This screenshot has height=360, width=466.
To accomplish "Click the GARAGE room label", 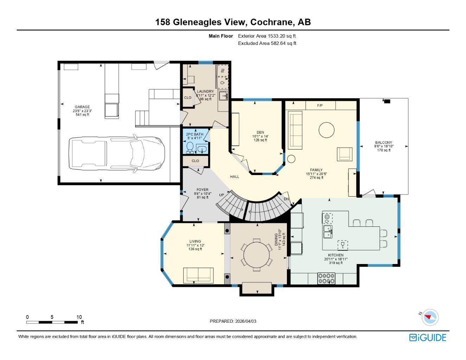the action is [82, 107].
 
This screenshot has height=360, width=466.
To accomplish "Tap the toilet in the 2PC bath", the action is [190, 148].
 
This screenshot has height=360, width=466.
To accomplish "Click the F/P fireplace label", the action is [320, 105].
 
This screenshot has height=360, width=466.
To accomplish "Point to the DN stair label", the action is [287, 199].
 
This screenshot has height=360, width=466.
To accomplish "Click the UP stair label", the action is [222, 195].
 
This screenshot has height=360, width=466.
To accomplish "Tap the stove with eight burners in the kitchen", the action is [326, 278].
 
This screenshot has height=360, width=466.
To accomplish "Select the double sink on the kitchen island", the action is [328, 232].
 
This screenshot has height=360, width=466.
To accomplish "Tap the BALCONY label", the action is [384, 142].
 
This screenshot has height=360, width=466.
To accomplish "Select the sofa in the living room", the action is [198, 275].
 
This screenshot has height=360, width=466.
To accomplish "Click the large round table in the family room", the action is [326, 130].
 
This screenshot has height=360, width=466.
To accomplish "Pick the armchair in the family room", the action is [344, 154].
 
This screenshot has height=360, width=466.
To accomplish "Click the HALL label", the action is [235, 176].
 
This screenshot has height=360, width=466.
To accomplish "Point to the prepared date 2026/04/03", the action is [246, 321].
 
